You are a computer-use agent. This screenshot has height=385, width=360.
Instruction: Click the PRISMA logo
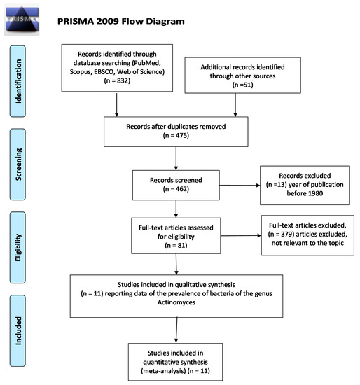[x=22, y=20]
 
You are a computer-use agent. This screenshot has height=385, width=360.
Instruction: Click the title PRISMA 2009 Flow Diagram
[x=121, y=21]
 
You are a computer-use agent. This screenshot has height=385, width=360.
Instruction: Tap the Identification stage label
[x=18, y=81]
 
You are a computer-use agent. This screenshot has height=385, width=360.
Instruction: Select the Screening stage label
[x=18, y=164]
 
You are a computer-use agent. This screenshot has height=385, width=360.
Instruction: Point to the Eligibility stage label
[x=18, y=248]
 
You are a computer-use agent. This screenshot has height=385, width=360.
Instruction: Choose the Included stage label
[x=18, y=330]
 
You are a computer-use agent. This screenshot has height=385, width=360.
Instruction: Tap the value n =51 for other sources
[x=242, y=85]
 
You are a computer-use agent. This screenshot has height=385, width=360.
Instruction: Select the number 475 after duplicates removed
[x=181, y=135]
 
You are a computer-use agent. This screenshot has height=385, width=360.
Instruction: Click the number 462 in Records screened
[x=181, y=189]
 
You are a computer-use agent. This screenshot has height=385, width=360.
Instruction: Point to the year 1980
[x=315, y=193]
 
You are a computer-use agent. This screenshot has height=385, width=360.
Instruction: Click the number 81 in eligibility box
[x=181, y=245]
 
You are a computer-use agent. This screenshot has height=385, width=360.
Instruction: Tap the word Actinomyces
[x=176, y=302]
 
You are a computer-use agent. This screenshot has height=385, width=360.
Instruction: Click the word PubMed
[x=146, y=63]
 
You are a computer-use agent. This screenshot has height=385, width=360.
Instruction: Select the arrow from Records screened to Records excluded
[x=240, y=185]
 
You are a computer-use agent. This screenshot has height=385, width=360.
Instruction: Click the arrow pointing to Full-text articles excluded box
[x=241, y=235]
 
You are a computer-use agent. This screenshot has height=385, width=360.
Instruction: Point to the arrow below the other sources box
[x=235, y=105]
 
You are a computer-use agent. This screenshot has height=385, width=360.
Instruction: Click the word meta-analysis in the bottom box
[x=163, y=371]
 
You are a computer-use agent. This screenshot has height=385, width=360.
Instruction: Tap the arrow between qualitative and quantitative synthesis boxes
[x=176, y=330]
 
